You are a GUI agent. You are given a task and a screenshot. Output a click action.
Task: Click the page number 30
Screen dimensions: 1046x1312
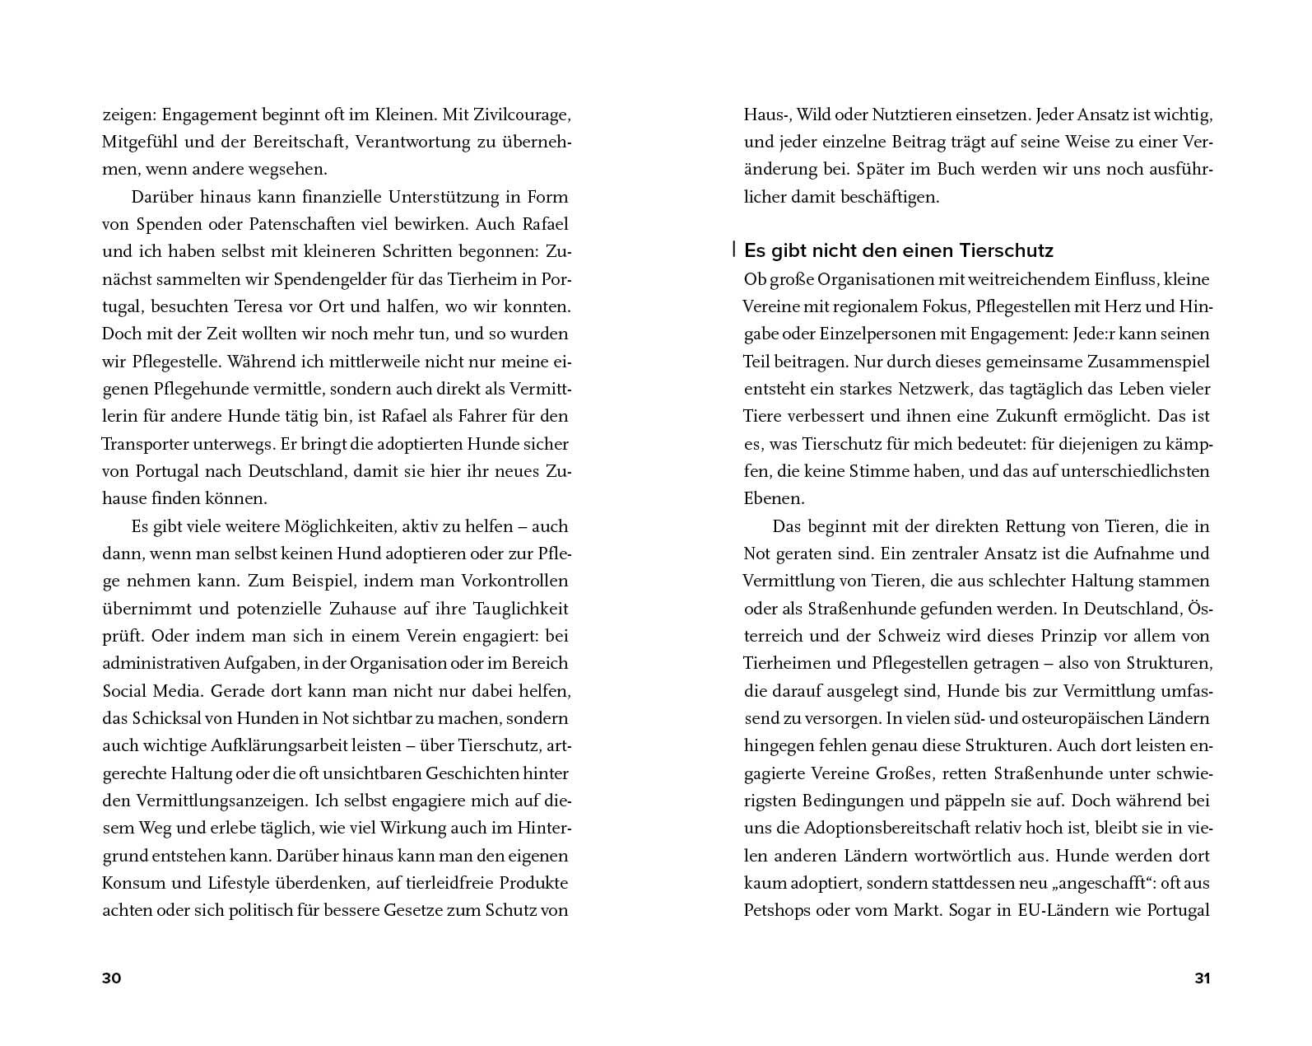pos(111,978)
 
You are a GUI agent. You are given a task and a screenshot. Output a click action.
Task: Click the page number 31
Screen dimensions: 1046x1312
pos(1203,978)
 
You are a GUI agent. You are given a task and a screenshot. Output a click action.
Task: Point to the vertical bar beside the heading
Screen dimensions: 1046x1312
pos(733,249)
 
